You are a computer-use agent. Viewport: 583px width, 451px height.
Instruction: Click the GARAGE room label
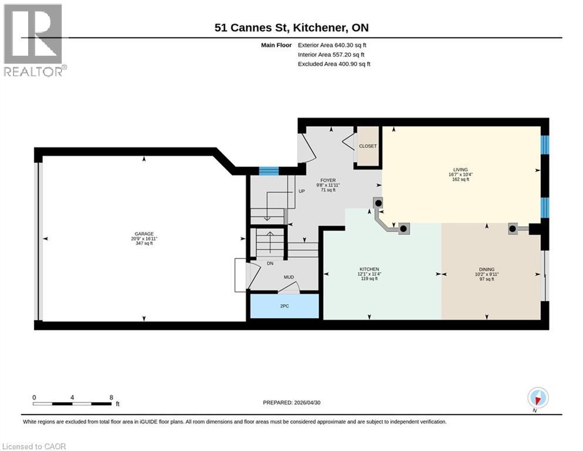144,234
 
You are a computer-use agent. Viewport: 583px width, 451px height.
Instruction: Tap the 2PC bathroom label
284,306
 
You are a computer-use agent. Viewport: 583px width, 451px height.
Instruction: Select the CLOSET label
368,146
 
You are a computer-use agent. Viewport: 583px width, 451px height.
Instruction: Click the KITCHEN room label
369,269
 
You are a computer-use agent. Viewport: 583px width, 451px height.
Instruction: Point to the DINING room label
487,270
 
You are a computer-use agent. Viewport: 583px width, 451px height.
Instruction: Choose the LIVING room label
460,170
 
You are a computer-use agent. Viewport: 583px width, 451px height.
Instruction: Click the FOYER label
328,180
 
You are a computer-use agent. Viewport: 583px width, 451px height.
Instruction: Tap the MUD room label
289,277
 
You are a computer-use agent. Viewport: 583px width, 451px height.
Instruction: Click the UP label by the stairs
301,191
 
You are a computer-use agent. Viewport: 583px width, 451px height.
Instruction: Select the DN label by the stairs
270,263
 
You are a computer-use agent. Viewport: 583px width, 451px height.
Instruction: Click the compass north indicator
538,398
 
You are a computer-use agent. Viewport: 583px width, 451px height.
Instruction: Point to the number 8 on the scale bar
111,398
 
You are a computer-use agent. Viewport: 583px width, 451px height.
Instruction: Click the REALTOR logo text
33,71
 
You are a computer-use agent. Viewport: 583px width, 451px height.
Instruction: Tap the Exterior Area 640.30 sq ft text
332,45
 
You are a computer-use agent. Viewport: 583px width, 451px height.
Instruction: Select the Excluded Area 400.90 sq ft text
334,63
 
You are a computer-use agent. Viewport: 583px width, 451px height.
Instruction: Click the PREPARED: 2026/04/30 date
291,403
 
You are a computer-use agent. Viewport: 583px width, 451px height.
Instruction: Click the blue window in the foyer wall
269,171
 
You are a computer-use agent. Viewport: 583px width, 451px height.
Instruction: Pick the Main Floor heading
276,45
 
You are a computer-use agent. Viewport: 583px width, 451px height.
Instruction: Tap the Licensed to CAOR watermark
34,446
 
